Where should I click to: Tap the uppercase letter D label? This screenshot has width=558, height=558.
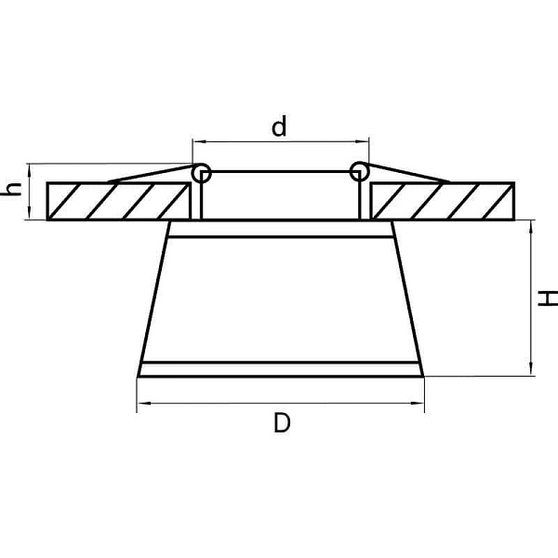(282, 423)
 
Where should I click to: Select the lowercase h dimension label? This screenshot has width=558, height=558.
(11, 190)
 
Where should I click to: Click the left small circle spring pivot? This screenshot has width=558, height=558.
(202, 173)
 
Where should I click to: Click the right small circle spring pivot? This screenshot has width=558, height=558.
(359, 172)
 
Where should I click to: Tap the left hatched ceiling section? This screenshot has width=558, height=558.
(118, 202)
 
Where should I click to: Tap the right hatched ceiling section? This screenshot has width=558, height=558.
(443, 202)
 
